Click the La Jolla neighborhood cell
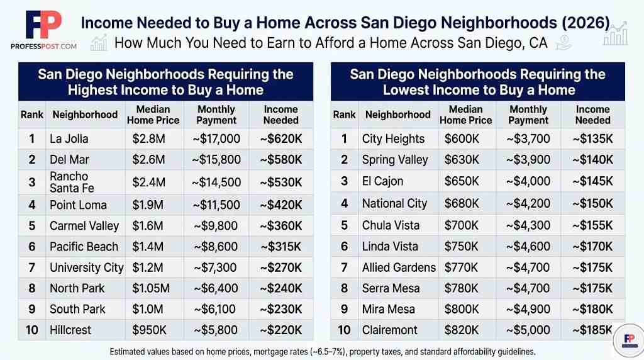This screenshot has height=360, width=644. coord(69,139)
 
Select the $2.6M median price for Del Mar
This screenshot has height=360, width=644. coord(149,160)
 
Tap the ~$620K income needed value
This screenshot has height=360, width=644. coord(280,139)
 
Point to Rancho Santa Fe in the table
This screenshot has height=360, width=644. coord(69,182)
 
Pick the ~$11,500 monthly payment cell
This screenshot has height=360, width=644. coord(216,205)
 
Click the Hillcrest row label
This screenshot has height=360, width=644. coord(70,330)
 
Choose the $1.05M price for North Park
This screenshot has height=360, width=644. coord(151,288)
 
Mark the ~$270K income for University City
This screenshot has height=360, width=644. coord(280,267)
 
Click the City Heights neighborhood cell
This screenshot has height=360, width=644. coord(393,139)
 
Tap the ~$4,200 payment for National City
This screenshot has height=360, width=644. coord(528,203)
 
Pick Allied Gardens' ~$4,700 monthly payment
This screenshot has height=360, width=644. coord(528,267)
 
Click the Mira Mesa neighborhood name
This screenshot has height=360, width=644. coord(389,309)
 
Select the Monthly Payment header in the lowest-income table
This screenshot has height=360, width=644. coord(528,115)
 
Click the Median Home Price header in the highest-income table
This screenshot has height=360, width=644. coord(153,115)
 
